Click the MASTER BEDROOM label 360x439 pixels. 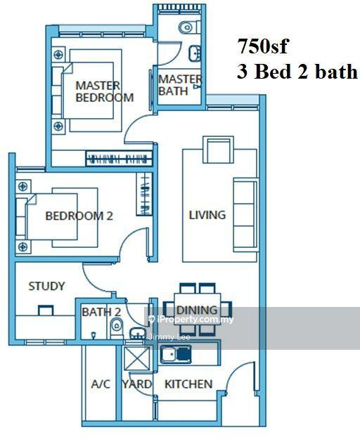(105, 91)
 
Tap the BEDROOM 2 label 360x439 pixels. (79, 216)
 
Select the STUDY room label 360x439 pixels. (46, 286)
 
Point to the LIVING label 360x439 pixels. (207, 215)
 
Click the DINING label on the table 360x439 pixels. (197, 310)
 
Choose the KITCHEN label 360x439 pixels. (188, 384)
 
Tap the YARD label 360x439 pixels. (137, 384)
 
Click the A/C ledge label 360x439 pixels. (101, 384)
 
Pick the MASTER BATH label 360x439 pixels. (179, 85)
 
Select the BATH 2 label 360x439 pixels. (101, 312)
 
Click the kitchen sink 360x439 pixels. (176, 354)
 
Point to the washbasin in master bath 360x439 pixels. (195, 53)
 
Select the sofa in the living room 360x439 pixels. (245, 215)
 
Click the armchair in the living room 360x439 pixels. (218, 150)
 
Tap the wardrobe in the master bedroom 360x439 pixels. (120, 159)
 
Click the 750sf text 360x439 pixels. (263, 46)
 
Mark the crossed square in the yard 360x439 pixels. (137, 358)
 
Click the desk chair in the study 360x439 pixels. (46, 310)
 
